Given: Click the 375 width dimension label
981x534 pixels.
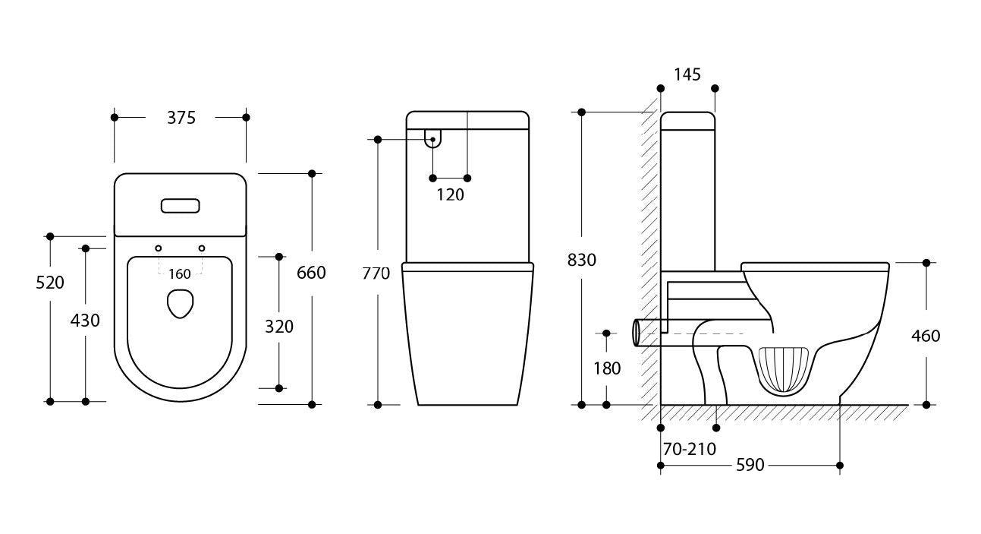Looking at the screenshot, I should [x=181, y=118].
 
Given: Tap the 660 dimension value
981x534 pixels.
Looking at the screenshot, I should [x=311, y=272].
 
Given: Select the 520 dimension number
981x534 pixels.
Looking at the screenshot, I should [x=50, y=283].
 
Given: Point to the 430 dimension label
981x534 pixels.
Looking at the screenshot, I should [x=85, y=321].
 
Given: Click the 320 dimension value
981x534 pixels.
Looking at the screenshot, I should [x=278, y=327].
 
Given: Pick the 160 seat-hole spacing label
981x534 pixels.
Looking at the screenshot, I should [x=180, y=274].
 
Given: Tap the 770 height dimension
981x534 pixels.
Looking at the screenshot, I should [x=376, y=273].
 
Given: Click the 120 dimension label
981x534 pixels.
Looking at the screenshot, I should [x=450, y=194].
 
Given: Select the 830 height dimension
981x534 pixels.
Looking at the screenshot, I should [x=582, y=260].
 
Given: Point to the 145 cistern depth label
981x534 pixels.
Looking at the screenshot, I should [x=687, y=74].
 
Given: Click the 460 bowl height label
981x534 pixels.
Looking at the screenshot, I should [x=926, y=336].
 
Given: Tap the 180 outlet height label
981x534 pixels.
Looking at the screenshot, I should [x=606, y=369].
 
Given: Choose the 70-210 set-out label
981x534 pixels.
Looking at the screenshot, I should [x=689, y=449].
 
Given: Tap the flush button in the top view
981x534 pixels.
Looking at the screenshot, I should [x=181, y=206].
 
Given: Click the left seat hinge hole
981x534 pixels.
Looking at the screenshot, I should [x=159, y=248].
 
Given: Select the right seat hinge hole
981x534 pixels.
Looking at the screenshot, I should [x=202, y=248].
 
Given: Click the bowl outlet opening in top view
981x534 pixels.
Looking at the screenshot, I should [x=180, y=303].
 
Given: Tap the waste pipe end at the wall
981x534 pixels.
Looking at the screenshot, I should [x=636, y=333].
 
